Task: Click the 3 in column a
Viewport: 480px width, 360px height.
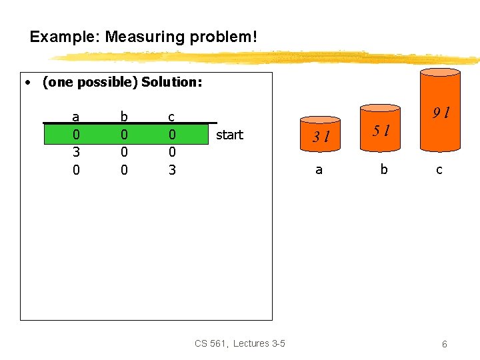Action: click(x=76, y=152)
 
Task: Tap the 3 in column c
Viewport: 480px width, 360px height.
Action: click(x=172, y=170)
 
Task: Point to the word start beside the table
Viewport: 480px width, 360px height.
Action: click(x=229, y=135)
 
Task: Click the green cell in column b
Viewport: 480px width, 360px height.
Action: click(x=123, y=135)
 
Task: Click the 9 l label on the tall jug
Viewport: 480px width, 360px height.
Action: click(x=440, y=113)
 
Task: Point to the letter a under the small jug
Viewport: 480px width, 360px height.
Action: click(x=319, y=170)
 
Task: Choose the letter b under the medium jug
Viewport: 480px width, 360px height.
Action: click(x=383, y=170)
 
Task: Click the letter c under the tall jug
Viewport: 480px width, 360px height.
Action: click(x=439, y=170)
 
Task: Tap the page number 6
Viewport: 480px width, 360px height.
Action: click(x=444, y=344)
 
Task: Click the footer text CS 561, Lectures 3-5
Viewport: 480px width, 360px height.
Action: click(x=240, y=343)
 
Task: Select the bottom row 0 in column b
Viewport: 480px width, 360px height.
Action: click(x=123, y=170)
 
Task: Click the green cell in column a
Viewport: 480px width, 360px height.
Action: click(x=76, y=135)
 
